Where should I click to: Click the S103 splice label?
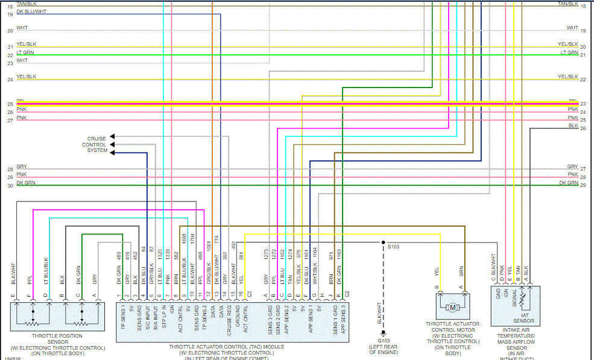coord(393,247)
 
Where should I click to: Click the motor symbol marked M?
coord(452,308)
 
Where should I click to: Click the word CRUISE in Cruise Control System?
coord(96,139)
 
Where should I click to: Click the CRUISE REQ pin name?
coord(229,320)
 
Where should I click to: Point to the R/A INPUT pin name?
coord(156,320)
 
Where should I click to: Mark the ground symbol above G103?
coord(384,333)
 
